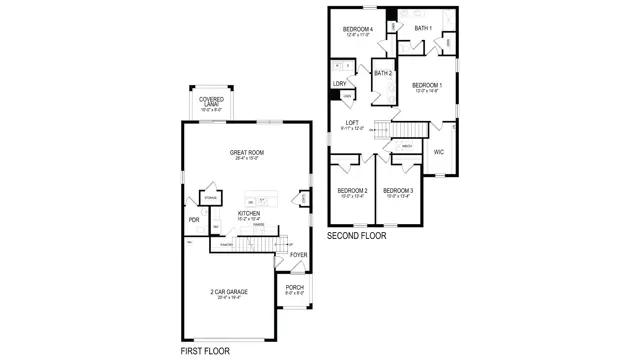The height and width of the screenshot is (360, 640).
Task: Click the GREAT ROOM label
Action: pyautogui.click(x=245, y=152)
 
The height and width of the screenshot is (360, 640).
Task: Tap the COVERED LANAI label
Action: pyautogui.click(x=211, y=100)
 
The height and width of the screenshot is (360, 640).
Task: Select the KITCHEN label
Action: pyautogui.click(x=249, y=213)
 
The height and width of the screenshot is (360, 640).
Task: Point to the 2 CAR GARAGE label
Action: pyautogui.click(x=229, y=292)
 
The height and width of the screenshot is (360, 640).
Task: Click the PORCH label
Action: pyautogui.click(x=295, y=288)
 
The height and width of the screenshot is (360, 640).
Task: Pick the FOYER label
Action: pyautogui.click(x=298, y=255)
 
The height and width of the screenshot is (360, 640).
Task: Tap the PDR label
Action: pyautogui.click(x=194, y=220)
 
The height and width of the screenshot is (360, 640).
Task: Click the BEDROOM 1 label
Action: pyautogui.click(x=427, y=86)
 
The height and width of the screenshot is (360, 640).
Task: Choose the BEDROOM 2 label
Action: pyautogui.click(x=352, y=191)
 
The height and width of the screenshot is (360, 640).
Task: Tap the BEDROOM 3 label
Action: pyautogui.click(x=398, y=191)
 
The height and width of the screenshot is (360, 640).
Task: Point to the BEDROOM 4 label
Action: pyautogui.click(x=357, y=30)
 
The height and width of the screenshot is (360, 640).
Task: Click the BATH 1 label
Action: pyautogui.click(x=423, y=28)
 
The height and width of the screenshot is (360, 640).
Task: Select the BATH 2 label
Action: pyautogui.click(x=383, y=73)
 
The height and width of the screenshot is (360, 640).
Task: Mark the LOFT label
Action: pyautogui.click(x=353, y=122)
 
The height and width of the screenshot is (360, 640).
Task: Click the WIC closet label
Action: pyautogui.click(x=438, y=152)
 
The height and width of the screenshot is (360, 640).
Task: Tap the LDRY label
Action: pyautogui.click(x=340, y=83)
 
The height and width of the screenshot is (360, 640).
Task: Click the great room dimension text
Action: pyautogui.click(x=245, y=158)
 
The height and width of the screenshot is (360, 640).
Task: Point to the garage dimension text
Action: pyautogui.click(x=229, y=298)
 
